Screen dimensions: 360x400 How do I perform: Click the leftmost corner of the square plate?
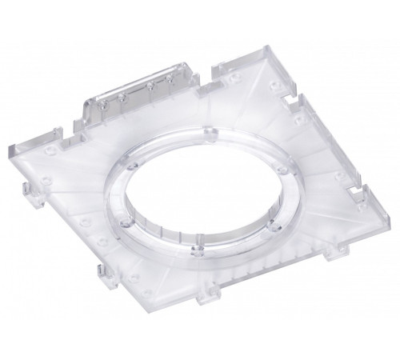[x=10, y=157]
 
